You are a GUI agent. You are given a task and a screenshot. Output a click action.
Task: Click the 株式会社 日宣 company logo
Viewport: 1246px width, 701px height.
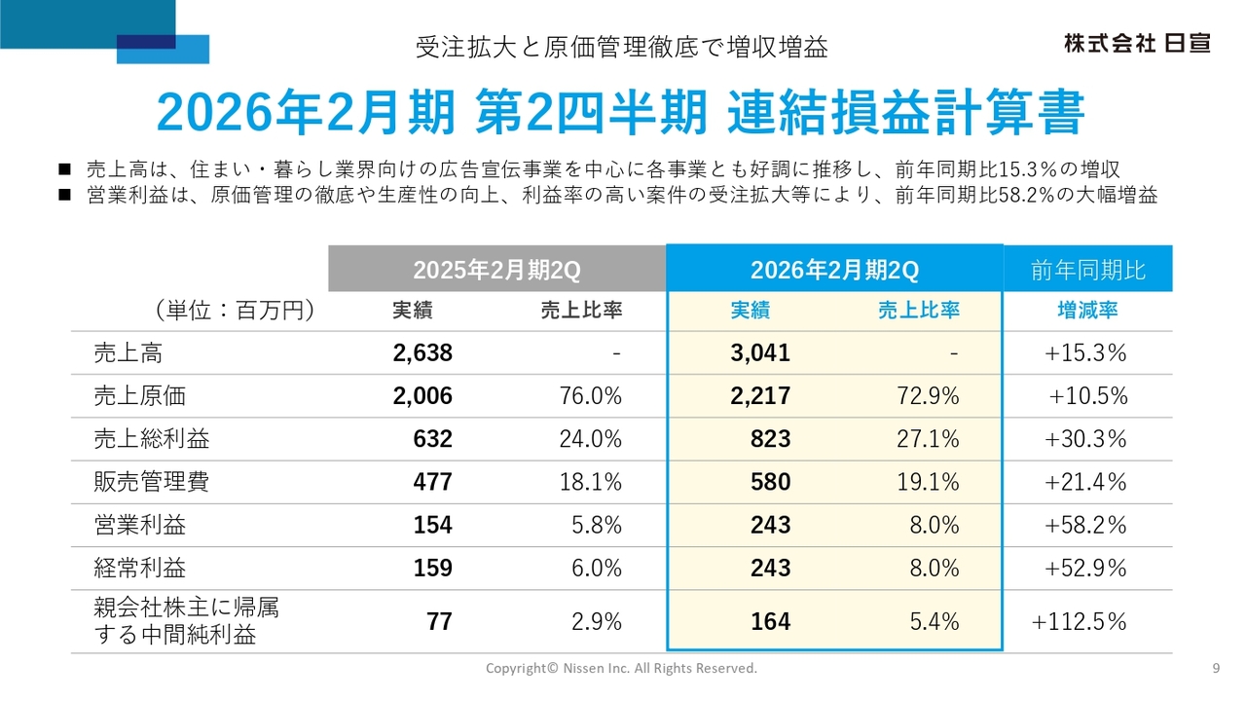pos(1136,43)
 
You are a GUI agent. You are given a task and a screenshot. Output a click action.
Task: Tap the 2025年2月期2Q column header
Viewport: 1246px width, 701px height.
pos(496,270)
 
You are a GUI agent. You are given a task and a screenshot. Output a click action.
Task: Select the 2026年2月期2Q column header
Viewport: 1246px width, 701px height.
pos(834,270)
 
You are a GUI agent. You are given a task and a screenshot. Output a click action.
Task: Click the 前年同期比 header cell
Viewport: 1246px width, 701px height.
pos(1088,270)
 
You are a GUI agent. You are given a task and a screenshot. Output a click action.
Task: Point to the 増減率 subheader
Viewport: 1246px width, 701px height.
pos(1087,311)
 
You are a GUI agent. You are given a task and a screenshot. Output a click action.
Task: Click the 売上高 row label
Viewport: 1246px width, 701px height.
pos(128,353)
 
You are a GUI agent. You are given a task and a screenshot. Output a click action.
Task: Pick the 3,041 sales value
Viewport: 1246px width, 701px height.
pos(760,353)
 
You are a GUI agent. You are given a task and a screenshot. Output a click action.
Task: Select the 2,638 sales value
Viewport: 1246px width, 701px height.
pos(422,353)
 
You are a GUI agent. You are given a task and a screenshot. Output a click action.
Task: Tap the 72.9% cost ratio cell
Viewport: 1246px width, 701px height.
pos(928,396)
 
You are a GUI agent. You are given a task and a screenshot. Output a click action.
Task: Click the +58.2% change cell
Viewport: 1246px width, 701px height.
pos(1085,525)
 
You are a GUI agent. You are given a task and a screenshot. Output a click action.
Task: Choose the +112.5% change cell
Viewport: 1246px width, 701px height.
pos(1080,621)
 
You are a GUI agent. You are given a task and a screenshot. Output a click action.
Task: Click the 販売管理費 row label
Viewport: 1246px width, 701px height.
pos(151,482)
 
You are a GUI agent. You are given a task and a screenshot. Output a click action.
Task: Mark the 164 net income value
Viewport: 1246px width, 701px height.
pos(771,621)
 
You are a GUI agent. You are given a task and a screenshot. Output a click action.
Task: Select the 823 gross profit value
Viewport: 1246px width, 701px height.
pos(771,439)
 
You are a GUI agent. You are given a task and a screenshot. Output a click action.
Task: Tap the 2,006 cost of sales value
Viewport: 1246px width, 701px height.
pos(422,396)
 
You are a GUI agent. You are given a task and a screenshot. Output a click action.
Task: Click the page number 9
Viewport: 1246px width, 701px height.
pos(1216,668)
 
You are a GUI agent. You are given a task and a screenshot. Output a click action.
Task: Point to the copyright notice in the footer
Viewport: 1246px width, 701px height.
pos(621,668)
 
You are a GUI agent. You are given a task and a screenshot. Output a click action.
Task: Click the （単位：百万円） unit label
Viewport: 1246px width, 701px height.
pos(233,311)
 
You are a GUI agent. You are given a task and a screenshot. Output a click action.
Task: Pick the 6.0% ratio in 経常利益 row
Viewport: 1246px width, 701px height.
pos(591,568)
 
